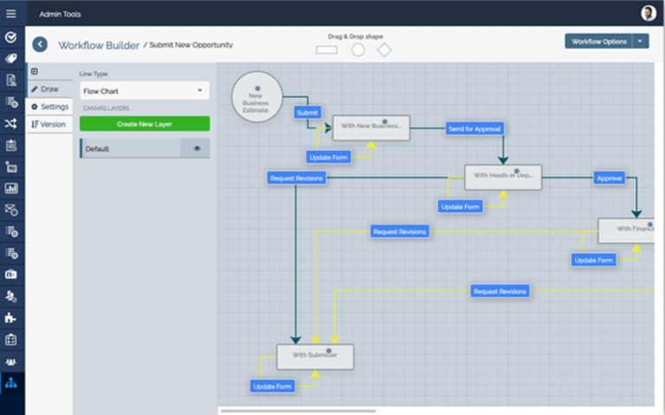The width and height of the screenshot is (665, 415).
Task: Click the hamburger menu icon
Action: pyautogui.click(x=11, y=13)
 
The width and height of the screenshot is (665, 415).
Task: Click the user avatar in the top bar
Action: pyautogui.click(x=648, y=13)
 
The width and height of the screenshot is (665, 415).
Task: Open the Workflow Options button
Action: pyautogui.click(x=597, y=41)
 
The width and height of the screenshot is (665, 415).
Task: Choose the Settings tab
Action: pyautogui.click(x=49, y=107)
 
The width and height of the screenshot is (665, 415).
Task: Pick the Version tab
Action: pyautogui.click(x=49, y=124)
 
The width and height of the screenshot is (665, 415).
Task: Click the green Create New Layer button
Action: pyautogui.click(x=145, y=124)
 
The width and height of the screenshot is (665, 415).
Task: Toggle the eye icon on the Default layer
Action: pyautogui.click(x=197, y=149)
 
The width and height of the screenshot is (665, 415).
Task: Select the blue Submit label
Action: pyautogui.click(x=307, y=113)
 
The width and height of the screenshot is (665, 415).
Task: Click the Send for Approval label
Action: pyautogui.click(x=474, y=128)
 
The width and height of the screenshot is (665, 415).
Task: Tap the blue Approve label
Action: pyautogui.click(x=610, y=178)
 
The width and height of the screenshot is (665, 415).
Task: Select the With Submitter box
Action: pyautogui.click(x=315, y=357)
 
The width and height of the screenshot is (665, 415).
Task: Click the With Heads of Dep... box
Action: pyautogui.click(x=502, y=177)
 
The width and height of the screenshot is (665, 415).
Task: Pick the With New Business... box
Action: pyautogui.click(x=371, y=127)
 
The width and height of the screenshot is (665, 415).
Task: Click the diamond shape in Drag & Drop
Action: pyautogui.click(x=384, y=50)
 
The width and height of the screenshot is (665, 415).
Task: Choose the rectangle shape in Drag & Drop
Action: pyautogui.click(x=326, y=50)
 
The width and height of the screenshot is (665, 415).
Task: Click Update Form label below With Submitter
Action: pyautogui.click(x=273, y=386)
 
